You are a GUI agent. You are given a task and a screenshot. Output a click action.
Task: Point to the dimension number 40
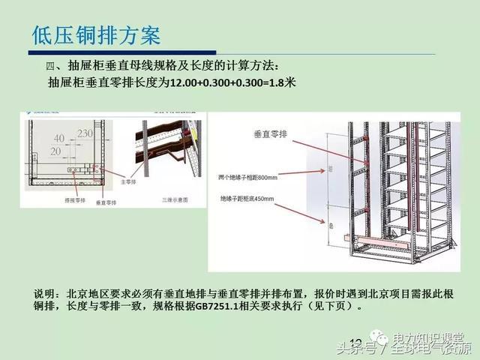(x=59, y=139)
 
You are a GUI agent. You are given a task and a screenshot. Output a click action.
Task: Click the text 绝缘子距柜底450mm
(x=248, y=199)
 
